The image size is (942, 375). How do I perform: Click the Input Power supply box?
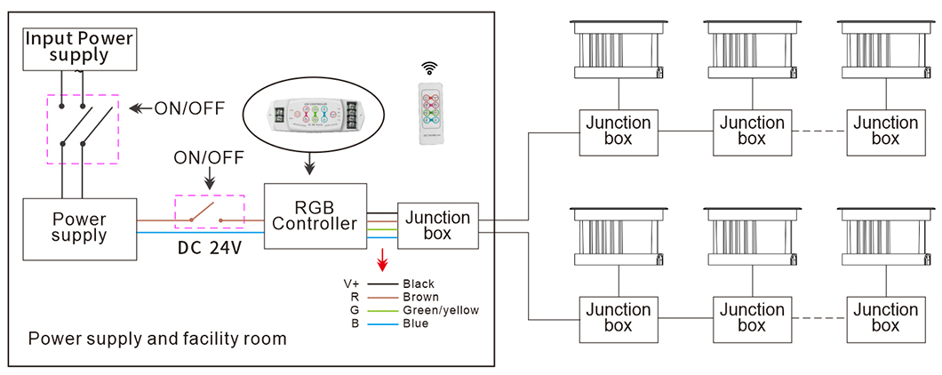pos(80,47)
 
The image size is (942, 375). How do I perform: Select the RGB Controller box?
pos(315,214)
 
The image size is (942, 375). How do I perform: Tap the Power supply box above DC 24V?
pos(80,228)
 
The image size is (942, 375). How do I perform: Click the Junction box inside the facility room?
pos(438,226)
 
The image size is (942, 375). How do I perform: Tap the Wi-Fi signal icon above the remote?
pos(430,68)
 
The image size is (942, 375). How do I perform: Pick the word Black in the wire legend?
pos(419,284)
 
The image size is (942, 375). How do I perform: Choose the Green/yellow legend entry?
pos(441,310)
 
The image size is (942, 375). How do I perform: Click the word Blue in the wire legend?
pos(415,323)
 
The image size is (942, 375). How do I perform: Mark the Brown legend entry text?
pos(420,297)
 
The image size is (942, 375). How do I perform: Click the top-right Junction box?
pos(885,131)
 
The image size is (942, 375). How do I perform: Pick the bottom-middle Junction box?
pos(751,317)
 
